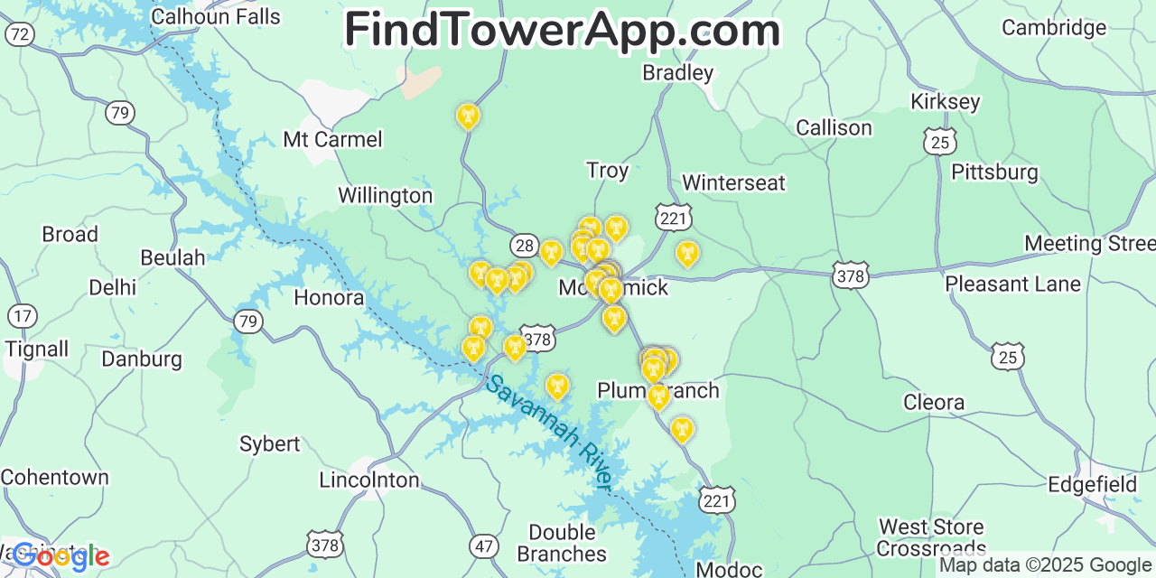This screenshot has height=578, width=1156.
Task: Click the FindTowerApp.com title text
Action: (x=562, y=30)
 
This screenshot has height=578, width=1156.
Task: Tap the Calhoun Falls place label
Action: (x=216, y=16)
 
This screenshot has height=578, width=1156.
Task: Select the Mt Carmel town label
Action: (x=332, y=139)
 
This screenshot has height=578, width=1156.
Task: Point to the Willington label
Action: (x=385, y=195)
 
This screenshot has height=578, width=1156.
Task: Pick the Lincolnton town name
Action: (x=368, y=480)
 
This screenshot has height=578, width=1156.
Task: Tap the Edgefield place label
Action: (x=1092, y=484)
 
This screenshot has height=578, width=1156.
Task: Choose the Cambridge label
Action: (x=1054, y=27)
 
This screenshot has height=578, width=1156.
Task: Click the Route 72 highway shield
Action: (x=20, y=35)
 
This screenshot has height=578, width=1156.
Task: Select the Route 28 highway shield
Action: (x=524, y=245)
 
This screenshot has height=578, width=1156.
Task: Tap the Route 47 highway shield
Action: (x=484, y=545)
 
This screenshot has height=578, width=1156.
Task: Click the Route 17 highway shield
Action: (x=23, y=316)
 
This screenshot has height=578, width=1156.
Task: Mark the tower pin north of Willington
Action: (x=468, y=117)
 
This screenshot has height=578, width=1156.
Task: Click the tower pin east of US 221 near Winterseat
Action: (x=687, y=254)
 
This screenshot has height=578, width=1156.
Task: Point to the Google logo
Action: (x=61, y=556)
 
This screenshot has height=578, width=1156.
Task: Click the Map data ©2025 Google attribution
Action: (x=1046, y=565)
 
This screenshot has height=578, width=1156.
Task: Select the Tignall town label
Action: (x=36, y=349)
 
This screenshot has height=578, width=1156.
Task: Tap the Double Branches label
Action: (x=562, y=543)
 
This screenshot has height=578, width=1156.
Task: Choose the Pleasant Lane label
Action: (x=1012, y=284)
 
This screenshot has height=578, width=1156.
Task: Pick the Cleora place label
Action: (x=934, y=402)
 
